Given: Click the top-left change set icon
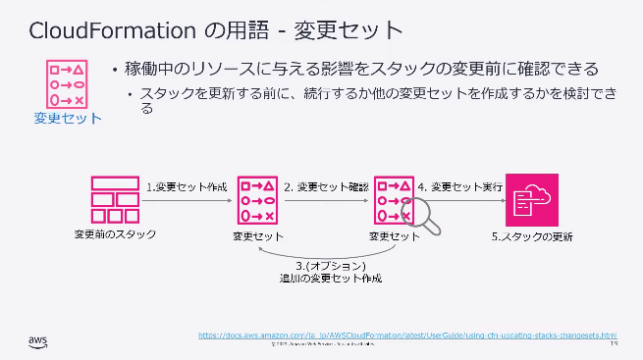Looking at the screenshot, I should [66, 83].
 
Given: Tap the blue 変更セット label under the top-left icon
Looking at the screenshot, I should [67, 120].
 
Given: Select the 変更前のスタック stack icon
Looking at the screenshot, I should [114, 199].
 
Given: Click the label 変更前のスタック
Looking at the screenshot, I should [115, 234].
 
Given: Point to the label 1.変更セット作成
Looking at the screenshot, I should [187, 185].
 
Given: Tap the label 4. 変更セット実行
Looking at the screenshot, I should [461, 185].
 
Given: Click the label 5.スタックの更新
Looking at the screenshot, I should [531, 236].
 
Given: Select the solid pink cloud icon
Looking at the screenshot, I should [531, 199].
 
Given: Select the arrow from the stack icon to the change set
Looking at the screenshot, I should [190, 200].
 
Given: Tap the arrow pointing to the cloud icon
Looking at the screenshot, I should [466, 200].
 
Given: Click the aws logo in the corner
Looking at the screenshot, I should [37, 340].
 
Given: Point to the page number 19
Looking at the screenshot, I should [613, 343].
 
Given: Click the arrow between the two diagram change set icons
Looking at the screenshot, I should [326, 200].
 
